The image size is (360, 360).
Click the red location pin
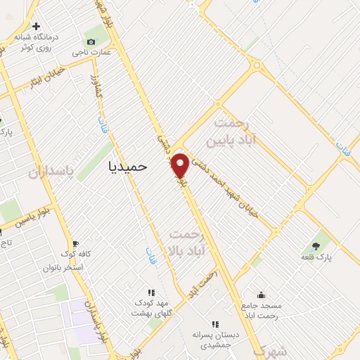(x=181, y=165)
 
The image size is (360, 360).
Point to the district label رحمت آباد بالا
(x=188, y=240)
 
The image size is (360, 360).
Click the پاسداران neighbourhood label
(x=51, y=172)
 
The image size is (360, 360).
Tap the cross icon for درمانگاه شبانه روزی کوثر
(x=36, y=27)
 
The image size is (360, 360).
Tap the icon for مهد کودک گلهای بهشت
(x=150, y=292)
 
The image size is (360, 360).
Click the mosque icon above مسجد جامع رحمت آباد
(x=262, y=295)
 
